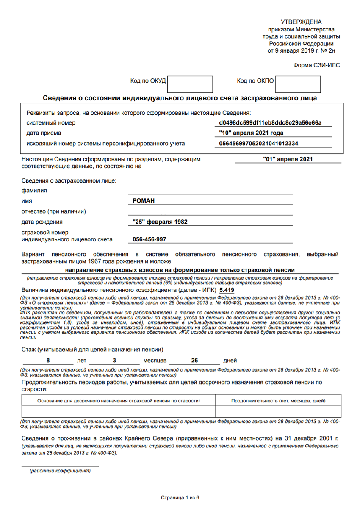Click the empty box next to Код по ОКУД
coord(190,84)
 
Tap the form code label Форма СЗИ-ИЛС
coord(316,65)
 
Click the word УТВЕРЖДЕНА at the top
coord(301,22)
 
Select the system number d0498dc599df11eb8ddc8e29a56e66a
coord(270,123)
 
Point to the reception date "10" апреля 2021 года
coord(251,133)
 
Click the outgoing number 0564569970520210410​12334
coord(258,144)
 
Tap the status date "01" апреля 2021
coord(288,159)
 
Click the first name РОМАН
coord(144,201)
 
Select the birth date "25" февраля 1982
coord(160,222)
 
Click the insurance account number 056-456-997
coord(149,239)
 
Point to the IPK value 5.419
coord(227,290)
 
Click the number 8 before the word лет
coord(48,361)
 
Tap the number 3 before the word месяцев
coord(114,361)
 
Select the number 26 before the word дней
coord(194,361)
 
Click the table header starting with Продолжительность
coord(278,400)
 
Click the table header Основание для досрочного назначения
coord(119,400)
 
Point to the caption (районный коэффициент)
coord(60,471)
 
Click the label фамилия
coord(34,191)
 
